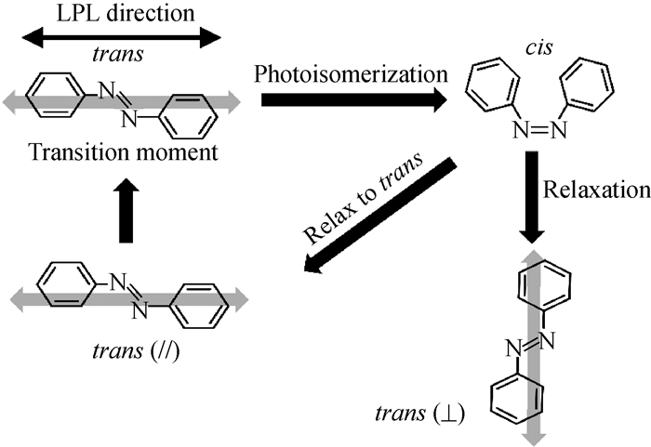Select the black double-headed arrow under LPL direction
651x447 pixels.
[122, 37]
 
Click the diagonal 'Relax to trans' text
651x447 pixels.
[363, 203]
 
